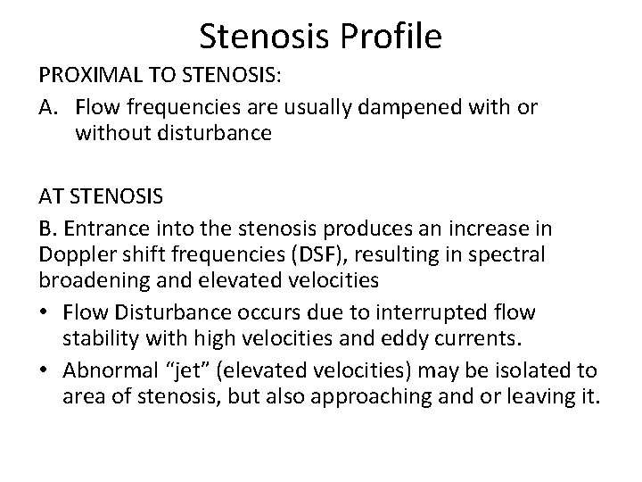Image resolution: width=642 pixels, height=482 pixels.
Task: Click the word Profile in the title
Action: [x=391, y=37]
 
